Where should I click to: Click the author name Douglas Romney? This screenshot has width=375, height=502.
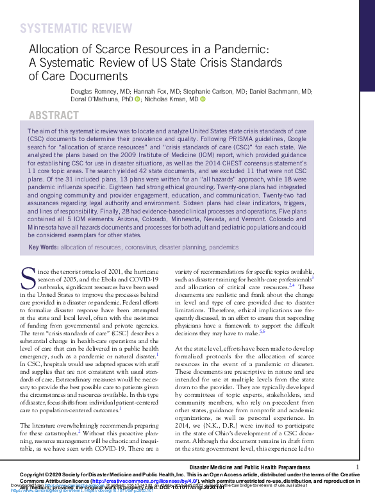click(94, 92)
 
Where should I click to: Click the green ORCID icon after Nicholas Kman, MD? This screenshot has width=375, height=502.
click(203, 100)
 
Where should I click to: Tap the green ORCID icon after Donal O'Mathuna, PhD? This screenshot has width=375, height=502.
click(137, 100)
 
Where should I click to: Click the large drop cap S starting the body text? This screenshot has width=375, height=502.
click(28, 278)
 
